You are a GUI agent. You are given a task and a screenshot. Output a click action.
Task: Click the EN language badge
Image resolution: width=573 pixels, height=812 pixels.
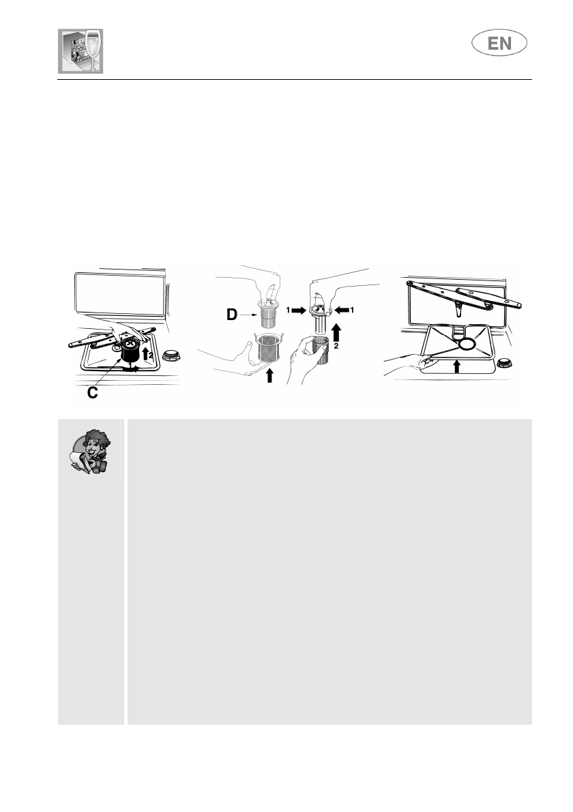499,44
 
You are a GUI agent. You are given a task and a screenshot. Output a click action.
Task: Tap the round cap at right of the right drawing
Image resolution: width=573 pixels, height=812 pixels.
506,364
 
